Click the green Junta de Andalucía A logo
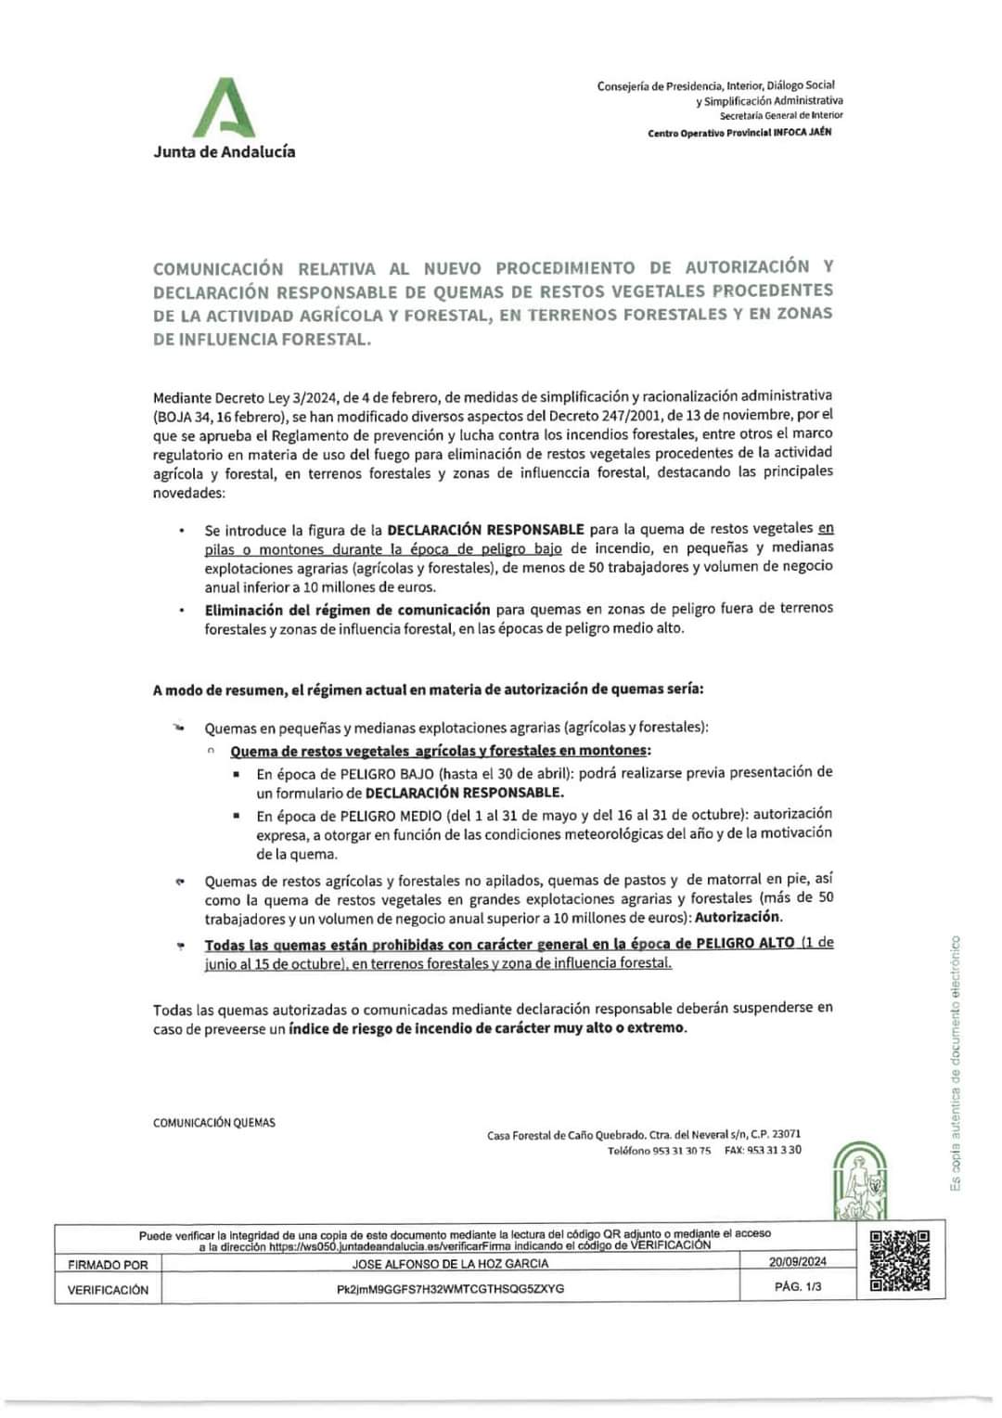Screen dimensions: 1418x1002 click(224, 108)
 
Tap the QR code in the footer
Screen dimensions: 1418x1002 click(899, 1260)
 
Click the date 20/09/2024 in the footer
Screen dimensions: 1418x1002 click(798, 1261)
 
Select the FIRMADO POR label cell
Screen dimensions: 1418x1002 click(108, 1264)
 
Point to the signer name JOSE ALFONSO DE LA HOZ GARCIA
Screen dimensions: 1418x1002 click(450, 1264)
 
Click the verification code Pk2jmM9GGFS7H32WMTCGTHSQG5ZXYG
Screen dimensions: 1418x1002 click(450, 1289)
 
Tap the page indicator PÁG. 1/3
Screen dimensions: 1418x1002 click(798, 1286)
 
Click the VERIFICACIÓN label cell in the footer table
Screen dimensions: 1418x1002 click(108, 1290)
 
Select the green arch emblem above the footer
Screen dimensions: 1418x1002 click(860, 1180)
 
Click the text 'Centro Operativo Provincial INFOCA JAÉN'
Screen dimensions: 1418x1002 click(739, 133)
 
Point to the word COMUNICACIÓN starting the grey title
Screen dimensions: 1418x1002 click(218, 269)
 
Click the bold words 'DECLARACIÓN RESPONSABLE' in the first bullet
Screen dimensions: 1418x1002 click(485, 530)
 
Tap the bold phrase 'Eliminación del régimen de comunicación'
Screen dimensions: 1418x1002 click(347, 610)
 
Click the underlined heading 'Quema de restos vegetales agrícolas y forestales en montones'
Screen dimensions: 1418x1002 click(440, 751)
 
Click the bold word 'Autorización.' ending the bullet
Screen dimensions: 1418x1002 click(739, 917)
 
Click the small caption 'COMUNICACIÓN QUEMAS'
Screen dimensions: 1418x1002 click(214, 1123)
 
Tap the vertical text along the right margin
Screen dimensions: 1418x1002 click(956, 1063)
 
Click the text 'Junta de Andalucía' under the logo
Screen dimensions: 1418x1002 click(225, 151)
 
